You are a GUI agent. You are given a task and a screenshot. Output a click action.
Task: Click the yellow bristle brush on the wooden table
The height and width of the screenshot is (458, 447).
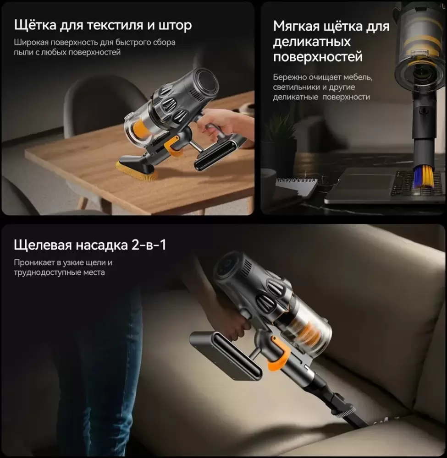click(x=136, y=170)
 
